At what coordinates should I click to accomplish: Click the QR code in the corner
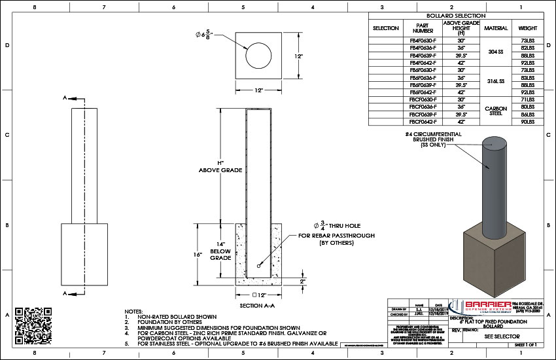coord(33,322)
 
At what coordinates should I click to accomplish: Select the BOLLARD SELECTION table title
coord(455,16)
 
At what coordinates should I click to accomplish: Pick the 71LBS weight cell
coord(528,99)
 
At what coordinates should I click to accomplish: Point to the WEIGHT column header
coord(528,29)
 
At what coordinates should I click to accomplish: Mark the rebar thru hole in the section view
coord(259,266)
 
